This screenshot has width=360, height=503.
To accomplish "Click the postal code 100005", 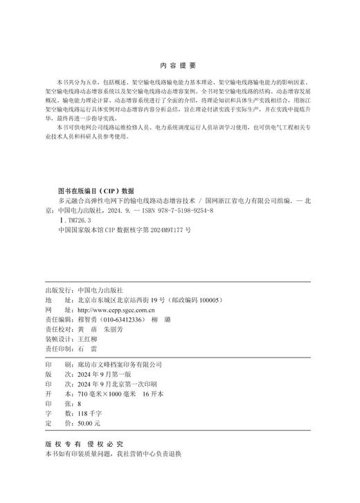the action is tap(207, 301).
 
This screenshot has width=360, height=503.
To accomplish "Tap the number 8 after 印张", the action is tap(79, 403).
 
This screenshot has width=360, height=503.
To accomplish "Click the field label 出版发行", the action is tap(57, 291).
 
